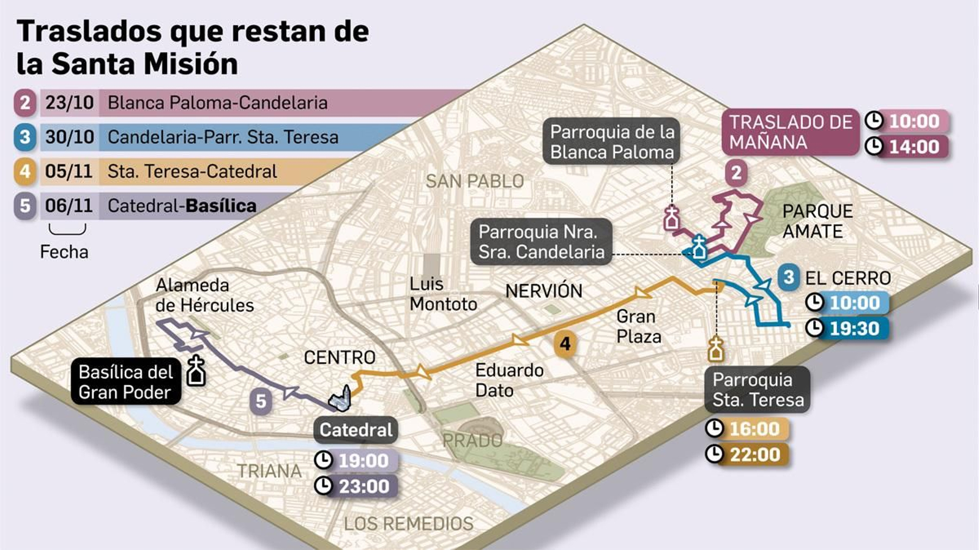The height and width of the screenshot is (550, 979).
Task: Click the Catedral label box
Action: click(x=355, y=430)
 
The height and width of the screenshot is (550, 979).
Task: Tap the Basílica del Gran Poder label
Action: click(x=125, y=382)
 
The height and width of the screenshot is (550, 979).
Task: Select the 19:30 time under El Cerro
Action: click(x=854, y=329)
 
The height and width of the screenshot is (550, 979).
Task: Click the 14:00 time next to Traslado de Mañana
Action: click(x=914, y=147)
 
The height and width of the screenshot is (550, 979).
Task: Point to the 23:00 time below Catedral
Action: click(x=363, y=486)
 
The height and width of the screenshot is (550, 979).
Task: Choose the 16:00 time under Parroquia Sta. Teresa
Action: click(x=754, y=429)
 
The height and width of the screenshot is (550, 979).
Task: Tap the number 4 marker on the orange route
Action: click(x=565, y=344)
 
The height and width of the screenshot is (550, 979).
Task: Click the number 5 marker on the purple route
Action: click(x=261, y=401)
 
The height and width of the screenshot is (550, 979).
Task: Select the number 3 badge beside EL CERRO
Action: click(x=789, y=277)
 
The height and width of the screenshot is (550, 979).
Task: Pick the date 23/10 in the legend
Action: click(x=69, y=103)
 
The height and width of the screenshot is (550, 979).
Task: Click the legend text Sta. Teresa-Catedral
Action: click(x=192, y=171)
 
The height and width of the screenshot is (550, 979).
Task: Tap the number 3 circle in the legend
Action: click(x=24, y=137)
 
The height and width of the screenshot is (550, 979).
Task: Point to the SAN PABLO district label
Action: click(x=475, y=181)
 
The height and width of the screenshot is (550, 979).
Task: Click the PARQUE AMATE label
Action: click(x=817, y=221)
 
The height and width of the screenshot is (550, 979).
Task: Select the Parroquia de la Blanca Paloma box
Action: click(x=611, y=142)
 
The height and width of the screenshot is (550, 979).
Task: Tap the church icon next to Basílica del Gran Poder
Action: click(x=196, y=371)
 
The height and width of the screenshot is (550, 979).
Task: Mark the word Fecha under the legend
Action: click(x=64, y=252)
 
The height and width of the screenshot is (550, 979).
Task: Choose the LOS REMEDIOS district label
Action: click(x=408, y=524)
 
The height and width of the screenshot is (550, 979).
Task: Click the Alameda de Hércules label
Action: click(x=204, y=295)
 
